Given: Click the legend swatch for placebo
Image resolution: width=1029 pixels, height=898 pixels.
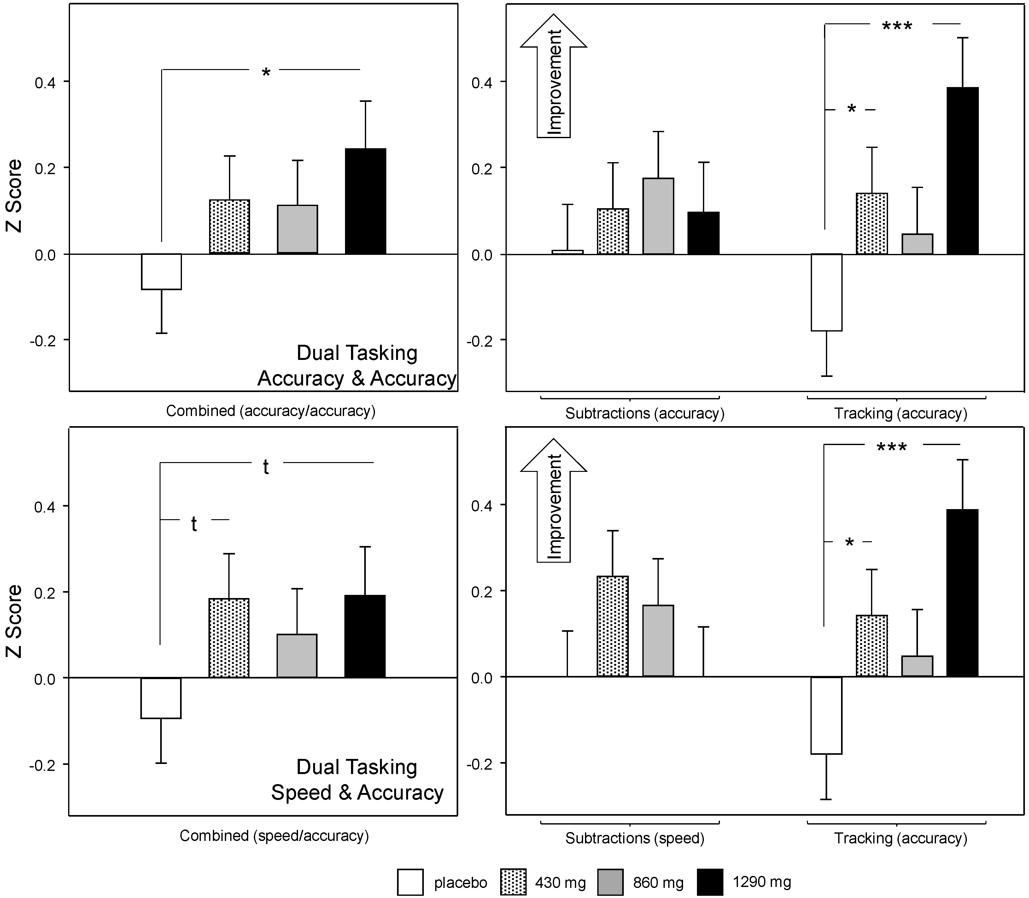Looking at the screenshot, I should [x=410, y=882].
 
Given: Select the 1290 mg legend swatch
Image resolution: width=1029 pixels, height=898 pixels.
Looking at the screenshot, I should [x=709, y=882].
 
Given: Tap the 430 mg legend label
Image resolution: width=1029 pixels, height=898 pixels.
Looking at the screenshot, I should [x=560, y=882].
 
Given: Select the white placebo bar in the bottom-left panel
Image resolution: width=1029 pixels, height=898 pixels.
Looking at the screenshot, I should [x=161, y=698].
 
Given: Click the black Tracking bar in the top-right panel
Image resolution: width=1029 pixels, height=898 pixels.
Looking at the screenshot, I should [x=962, y=171].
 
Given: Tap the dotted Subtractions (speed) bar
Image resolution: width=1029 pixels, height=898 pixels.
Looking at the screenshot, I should [x=612, y=626].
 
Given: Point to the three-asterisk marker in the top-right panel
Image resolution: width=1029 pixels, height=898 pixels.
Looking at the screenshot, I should [x=897, y=26].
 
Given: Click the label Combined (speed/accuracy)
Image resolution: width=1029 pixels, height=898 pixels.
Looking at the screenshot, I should [x=274, y=835].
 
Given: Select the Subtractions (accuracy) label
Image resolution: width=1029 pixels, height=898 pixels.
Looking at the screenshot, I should [x=644, y=414].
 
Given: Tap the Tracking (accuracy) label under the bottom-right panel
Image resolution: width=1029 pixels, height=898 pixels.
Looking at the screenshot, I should [x=900, y=838].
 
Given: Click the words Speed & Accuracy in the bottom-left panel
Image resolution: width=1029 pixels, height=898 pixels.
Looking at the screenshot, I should [x=357, y=792].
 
